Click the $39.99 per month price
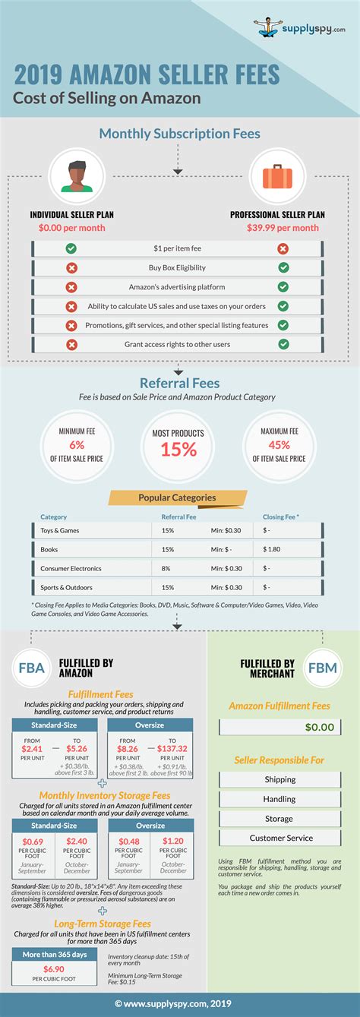[283, 228]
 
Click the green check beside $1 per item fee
[71, 248]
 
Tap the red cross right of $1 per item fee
[283, 248]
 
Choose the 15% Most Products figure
[179, 449]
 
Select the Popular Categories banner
[177, 498]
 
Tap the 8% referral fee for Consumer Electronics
[166, 568]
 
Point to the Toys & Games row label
[60, 530]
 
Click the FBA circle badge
[31, 668]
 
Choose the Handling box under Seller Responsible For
[279, 799]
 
